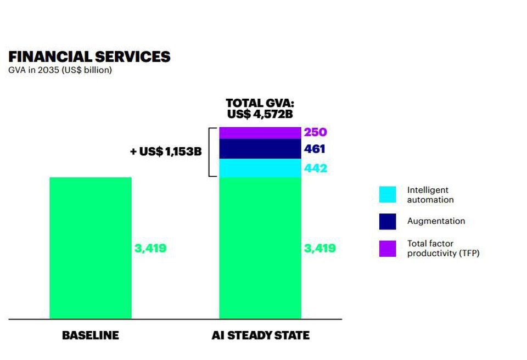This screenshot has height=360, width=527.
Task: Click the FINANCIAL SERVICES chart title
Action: coord(89,57)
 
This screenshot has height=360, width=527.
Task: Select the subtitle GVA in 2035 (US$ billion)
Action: coord(60,70)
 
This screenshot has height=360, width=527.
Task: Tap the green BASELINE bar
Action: coord(91,248)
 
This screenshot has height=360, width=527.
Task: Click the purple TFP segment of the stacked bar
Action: coord(260,132)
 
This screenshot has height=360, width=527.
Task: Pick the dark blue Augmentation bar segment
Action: coord(260,149)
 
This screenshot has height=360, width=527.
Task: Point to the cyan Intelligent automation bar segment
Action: coord(260,168)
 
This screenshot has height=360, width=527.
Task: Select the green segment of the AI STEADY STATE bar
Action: coord(260,248)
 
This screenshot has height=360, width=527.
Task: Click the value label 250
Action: coord(315,132)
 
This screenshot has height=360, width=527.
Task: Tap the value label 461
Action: coord(315,149)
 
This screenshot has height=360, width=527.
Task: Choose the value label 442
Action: coord(315,168)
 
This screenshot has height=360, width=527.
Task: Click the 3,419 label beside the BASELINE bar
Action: coord(150,248)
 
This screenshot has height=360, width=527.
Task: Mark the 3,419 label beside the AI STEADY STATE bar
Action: coord(319,248)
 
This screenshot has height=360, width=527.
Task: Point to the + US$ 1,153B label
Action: coord(166,151)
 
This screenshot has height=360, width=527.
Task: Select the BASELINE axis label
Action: coord(90,335)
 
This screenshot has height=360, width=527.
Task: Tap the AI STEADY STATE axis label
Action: coord(260,335)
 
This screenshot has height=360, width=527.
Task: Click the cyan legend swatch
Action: coord(387,194)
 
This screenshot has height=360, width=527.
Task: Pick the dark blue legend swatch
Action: coord(387,221)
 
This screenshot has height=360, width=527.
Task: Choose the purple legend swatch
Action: coord(387,249)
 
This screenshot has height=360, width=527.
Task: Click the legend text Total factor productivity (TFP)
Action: coord(443,249)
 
